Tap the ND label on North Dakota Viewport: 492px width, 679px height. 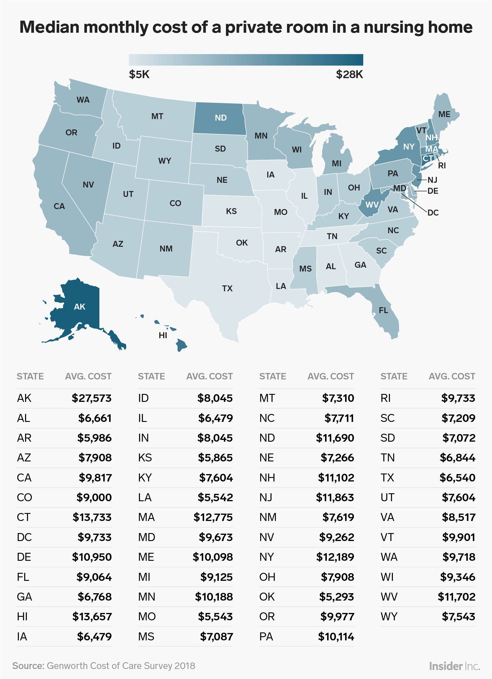221,118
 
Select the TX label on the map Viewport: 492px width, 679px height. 227,289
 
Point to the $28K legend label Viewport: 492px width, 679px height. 349,75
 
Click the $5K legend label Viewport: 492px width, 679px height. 139,75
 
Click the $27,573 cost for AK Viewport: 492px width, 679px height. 92,398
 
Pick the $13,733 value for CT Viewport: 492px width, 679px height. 92,517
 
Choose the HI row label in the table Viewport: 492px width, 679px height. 22,617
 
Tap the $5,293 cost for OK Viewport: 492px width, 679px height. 336,597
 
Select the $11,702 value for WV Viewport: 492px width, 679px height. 456,597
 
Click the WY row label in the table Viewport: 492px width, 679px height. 389,617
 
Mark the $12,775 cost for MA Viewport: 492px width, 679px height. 213,517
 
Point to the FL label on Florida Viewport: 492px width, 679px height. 383,310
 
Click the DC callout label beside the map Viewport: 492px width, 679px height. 433,213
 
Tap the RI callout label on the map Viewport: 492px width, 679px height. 442,166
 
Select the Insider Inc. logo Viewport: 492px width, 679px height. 454,666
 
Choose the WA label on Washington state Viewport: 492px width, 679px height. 83,100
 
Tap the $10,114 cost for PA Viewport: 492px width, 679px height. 336,637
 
